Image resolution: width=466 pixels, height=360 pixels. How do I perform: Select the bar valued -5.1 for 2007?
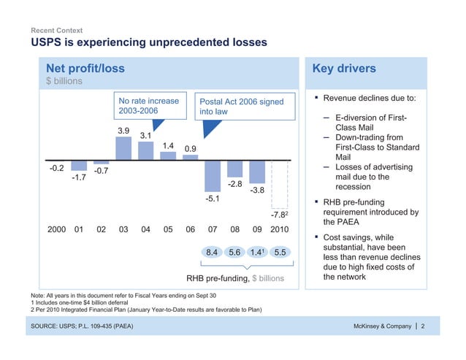coord(213,175)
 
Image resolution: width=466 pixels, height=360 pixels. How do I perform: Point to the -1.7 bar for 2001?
coord(79,166)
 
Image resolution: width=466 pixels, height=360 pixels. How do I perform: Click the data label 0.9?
coord(191,149)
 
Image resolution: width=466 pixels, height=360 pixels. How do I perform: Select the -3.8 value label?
coord(256,191)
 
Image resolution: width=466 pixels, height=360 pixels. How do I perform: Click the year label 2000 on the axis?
coord(58,229)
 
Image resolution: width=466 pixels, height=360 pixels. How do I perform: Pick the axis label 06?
coord(190,229)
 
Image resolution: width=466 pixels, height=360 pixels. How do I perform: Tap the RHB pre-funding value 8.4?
coord(213,253)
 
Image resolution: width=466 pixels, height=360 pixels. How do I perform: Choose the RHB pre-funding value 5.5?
coord(278,253)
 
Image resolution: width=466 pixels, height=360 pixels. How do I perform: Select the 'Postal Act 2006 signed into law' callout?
coord(241,106)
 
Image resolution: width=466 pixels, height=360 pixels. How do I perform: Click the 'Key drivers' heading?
coord(344,69)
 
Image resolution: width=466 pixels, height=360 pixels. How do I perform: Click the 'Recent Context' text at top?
coord(56,31)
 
